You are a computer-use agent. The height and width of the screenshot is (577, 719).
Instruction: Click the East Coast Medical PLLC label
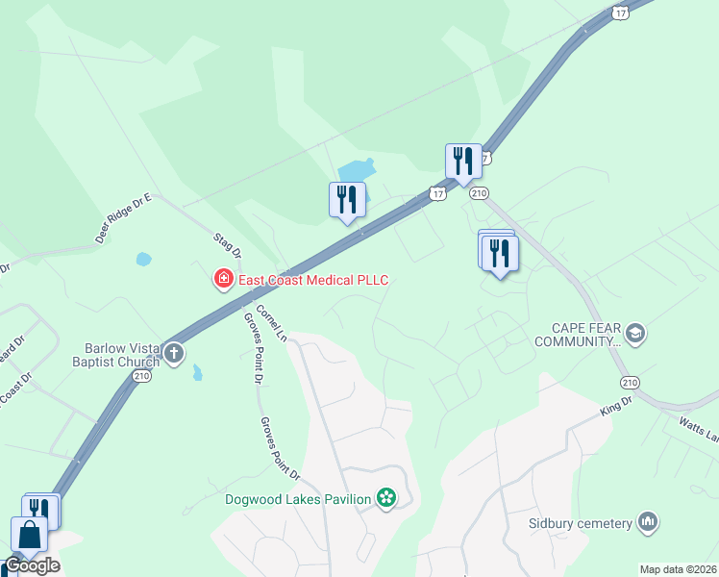coord(312,280)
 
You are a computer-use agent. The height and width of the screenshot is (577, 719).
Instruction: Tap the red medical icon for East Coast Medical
coord(223,280)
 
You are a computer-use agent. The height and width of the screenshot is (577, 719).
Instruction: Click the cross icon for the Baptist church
coord(174,353)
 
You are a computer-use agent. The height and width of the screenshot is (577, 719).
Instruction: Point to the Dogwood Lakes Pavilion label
coord(298,498)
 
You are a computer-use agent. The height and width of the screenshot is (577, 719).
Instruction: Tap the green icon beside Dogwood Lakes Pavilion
coord(386,498)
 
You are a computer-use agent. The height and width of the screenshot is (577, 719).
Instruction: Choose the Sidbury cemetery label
coord(580,523)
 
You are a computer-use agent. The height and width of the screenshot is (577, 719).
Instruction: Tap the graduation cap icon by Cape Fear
coord(634,334)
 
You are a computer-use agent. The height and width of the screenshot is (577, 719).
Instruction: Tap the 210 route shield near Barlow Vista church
coord(142,376)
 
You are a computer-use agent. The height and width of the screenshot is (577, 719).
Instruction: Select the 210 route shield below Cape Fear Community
coord(630,383)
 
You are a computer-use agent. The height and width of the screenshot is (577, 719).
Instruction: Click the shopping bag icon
coord(28,533)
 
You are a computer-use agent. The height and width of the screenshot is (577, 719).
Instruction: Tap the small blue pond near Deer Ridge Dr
coord(144,259)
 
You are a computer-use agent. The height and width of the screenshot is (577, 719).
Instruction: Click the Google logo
coord(32,565)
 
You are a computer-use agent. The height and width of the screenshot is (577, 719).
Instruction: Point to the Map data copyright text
coord(678,569)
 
